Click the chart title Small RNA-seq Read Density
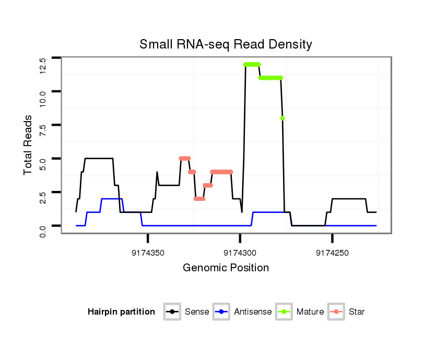(226, 44)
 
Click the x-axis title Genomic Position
(226, 268)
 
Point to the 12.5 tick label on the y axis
(43, 65)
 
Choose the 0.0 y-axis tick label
(43, 230)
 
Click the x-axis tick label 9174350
(148, 253)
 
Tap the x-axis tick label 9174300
(240, 253)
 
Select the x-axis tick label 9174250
(333, 253)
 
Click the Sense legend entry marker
(172, 312)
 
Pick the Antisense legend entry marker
(221, 312)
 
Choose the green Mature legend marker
(284, 312)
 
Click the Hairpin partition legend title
(121, 312)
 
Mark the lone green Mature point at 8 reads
(283, 118)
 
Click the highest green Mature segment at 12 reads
(252, 65)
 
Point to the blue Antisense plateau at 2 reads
(112, 199)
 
